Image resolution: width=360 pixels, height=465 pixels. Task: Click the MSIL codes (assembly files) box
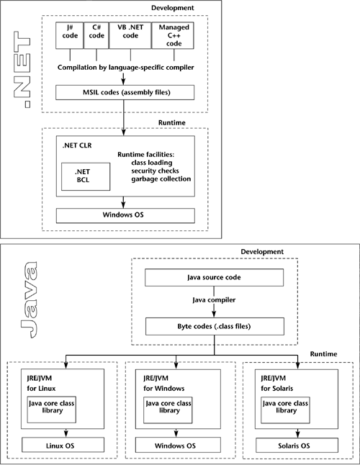pos(125,92)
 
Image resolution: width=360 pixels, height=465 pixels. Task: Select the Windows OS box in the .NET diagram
pos(125,215)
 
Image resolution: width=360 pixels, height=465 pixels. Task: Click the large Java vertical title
pos(27,302)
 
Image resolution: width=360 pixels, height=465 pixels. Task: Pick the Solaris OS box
pos(295,446)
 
